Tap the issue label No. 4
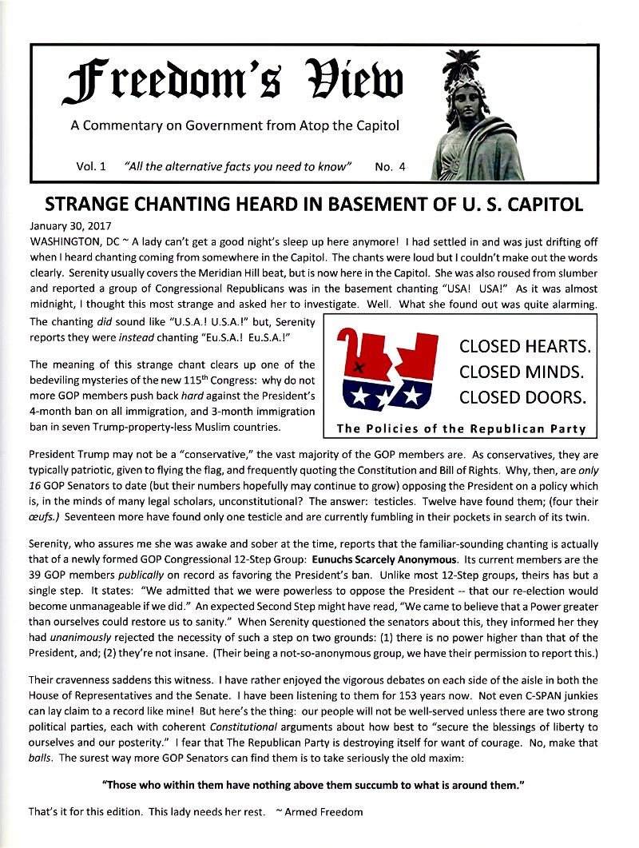pos(390,167)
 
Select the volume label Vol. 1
pos(91,167)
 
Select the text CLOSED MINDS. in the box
pos(522,372)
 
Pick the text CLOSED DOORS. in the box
pos(522,397)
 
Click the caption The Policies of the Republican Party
pos(462,428)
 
